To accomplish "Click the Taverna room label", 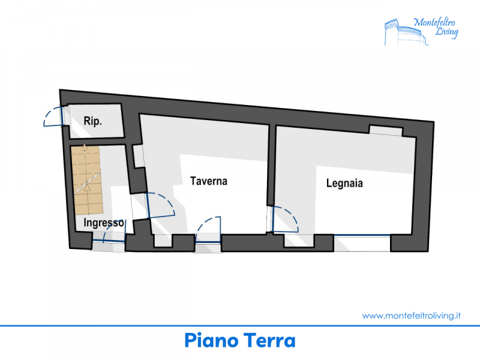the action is click(x=209, y=181).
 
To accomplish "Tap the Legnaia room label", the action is click(x=344, y=183).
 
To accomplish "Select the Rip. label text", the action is click(x=92, y=121).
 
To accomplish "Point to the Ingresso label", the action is click(x=104, y=223).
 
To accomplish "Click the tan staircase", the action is click(x=87, y=180).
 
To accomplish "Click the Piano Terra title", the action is click(x=240, y=340).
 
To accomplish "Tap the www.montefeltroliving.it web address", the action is click(x=412, y=316).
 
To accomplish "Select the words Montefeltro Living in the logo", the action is click(x=436, y=28).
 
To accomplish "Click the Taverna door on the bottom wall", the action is click(x=208, y=229).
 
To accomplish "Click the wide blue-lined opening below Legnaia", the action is click(x=362, y=243).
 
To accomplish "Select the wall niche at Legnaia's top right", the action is click(x=386, y=130).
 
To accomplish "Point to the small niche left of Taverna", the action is click(x=138, y=156).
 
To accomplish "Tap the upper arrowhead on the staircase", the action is click(x=85, y=147).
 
